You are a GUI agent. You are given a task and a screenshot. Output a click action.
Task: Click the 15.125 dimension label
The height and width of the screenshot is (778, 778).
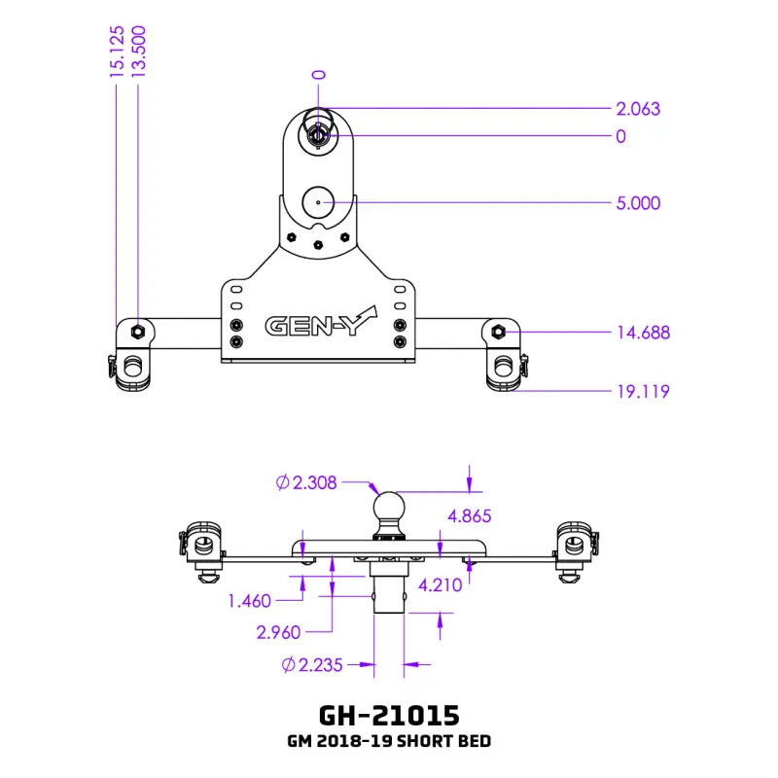click(x=117, y=52)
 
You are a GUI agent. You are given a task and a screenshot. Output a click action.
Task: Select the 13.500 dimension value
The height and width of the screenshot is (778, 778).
click(x=138, y=52)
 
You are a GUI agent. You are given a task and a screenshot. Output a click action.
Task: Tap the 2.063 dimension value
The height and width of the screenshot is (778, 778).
click(x=638, y=109)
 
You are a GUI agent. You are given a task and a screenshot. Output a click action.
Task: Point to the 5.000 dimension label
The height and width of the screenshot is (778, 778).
click(x=638, y=203)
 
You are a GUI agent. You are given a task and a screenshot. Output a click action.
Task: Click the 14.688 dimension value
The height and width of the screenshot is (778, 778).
click(x=644, y=333)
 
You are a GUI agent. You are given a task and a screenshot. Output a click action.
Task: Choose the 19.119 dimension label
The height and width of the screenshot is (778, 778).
click(x=644, y=392)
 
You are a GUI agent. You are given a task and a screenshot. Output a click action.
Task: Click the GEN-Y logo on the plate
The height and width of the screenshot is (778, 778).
click(x=321, y=323)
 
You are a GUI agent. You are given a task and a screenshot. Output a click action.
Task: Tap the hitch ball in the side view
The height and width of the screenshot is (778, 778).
click(x=389, y=507)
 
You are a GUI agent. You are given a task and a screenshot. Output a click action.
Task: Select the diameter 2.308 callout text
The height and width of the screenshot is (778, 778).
click(x=306, y=482)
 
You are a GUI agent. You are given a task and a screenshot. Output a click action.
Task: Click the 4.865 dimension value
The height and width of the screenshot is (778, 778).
click(x=470, y=516)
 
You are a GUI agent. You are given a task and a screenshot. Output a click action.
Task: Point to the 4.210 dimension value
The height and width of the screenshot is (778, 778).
click(x=441, y=585)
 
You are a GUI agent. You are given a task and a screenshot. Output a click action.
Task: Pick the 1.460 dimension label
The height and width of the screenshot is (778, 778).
click(x=250, y=601)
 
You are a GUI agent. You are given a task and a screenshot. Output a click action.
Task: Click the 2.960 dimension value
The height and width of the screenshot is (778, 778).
click(x=278, y=632)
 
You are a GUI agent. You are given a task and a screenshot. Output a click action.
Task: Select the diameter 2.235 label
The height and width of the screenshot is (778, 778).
click(x=312, y=665)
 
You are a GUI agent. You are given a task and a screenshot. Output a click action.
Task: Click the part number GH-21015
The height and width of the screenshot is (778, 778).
click(x=389, y=716)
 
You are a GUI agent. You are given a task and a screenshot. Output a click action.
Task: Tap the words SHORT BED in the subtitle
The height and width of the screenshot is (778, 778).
click(x=444, y=741)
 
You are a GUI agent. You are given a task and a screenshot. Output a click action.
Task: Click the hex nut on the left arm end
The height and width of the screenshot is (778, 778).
click(x=138, y=331)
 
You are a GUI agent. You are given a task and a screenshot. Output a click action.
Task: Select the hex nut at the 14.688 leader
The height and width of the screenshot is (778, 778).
click(x=498, y=331)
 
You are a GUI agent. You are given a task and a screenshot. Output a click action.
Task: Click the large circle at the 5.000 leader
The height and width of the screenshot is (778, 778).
click(x=318, y=202)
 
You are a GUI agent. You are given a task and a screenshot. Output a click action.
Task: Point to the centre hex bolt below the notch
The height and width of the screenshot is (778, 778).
click(x=318, y=245)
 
